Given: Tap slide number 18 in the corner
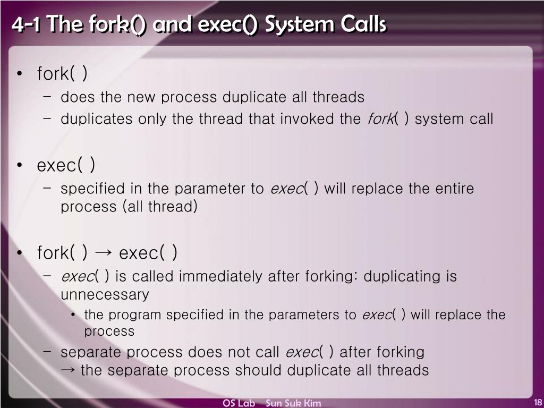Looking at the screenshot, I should click(537, 402).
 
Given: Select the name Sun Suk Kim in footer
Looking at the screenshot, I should click(293, 403).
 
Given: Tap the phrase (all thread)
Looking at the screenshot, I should click(160, 206).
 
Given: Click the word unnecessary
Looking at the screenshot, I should click(105, 294).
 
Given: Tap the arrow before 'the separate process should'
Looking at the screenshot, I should click(68, 370).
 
